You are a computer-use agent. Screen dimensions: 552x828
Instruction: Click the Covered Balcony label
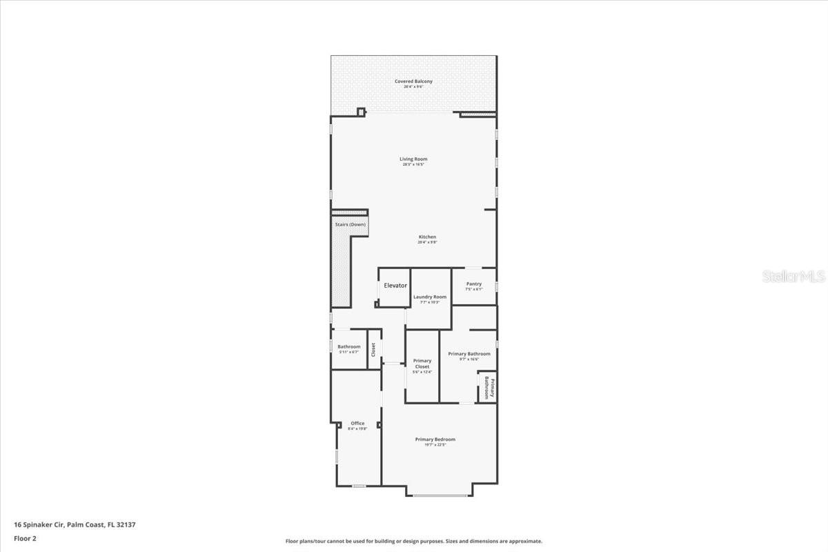pyautogui.click(x=413, y=81)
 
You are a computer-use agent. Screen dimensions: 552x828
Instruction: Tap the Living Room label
pyautogui.click(x=413, y=159)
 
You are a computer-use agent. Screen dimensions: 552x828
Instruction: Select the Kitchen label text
pyautogui.click(x=427, y=237)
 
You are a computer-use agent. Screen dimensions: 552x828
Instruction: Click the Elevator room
pyautogui.click(x=395, y=286)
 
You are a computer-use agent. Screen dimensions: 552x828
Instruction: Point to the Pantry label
pyautogui.click(x=473, y=284)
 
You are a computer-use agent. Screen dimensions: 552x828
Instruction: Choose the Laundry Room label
pyautogui.click(x=430, y=297)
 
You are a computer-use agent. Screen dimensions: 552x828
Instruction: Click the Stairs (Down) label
pyautogui.click(x=349, y=224)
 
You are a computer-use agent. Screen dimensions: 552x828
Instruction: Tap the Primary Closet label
pyautogui.click(x=422, y=364)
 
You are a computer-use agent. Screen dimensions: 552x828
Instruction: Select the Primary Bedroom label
pyautogui.click(x=435, y=440)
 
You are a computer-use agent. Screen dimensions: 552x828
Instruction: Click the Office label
pyautogui.click(x=357, y=424)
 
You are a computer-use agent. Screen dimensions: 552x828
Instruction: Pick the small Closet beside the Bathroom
pyautogui.click(x=374, y=349)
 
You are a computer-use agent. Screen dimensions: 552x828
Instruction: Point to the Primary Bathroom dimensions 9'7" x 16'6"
pyautogui.click(x=469, y=359)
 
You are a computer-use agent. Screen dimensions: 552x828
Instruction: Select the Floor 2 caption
pyautogui.click(x=25, y=538)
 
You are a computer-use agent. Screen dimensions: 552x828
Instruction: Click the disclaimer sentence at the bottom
pyautogui.click(x=413, y=542)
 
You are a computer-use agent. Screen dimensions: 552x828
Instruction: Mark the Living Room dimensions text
pyautogui.click(x=413, y=165)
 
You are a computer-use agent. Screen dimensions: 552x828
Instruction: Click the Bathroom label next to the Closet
pyautogui.click(x=348, y=346)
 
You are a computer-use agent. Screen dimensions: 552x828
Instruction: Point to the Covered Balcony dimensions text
pyautogui.click(x=413, y=87)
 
